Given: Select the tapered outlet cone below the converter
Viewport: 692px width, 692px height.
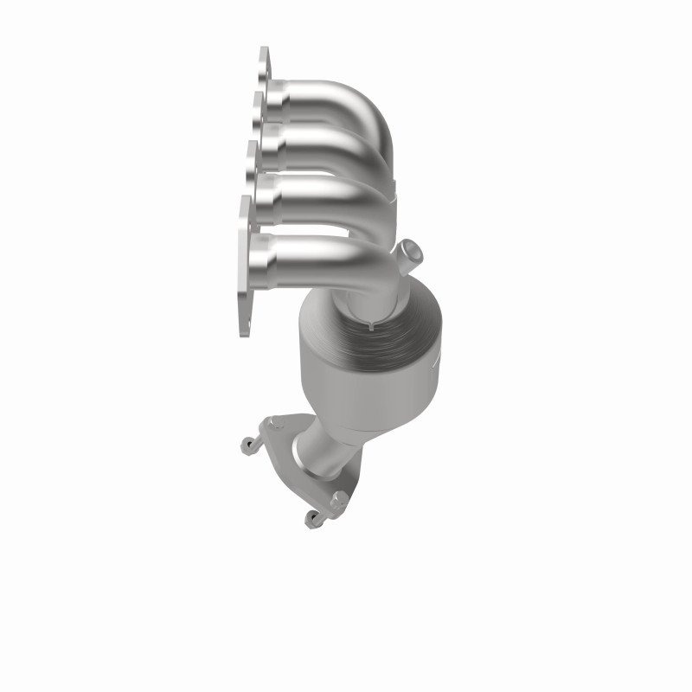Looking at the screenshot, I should click(x=324, y=441).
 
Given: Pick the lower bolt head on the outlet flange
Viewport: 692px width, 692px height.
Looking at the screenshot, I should click(x=339, y=499).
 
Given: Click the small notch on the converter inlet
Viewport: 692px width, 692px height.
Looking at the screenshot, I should click(x=368, y=326).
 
